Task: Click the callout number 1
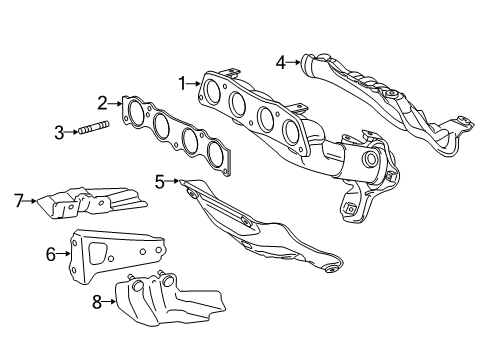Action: coord(182,83)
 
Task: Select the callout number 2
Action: coord(103,102)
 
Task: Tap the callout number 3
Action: coord(59,130)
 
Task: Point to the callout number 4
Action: coord(283,62)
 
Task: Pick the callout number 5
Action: coord(160,181)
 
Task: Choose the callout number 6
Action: coord(51,254)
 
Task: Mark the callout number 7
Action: coord(18,199)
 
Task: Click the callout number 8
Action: coord(97,301)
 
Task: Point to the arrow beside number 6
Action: coord(64,254)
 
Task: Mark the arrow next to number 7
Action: coord(31,199)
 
